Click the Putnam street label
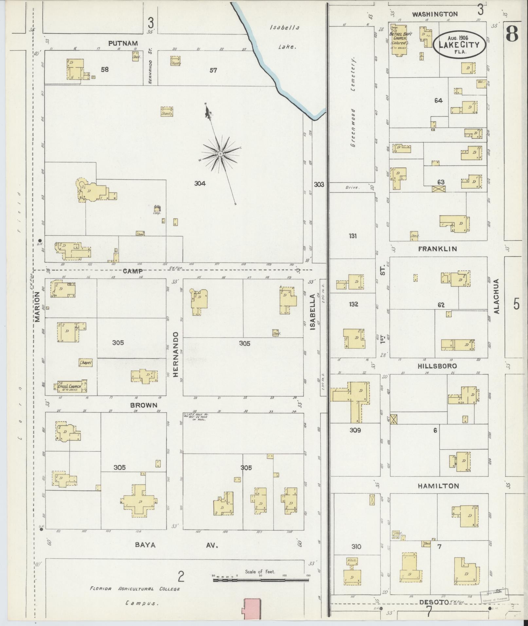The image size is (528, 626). [123, 43]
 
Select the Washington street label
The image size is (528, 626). [434, 14]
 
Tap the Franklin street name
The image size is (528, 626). [437, 249]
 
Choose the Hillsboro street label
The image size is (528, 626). [437, 366]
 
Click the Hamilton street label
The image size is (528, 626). [438, 486]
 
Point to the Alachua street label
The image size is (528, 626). [497, 296]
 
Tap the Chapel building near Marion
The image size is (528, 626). [86, 363]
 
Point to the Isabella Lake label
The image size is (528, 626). [285, 37]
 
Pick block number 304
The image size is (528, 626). [200, 184]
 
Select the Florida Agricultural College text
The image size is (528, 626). [135, 589]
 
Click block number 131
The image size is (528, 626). [353, 236]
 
